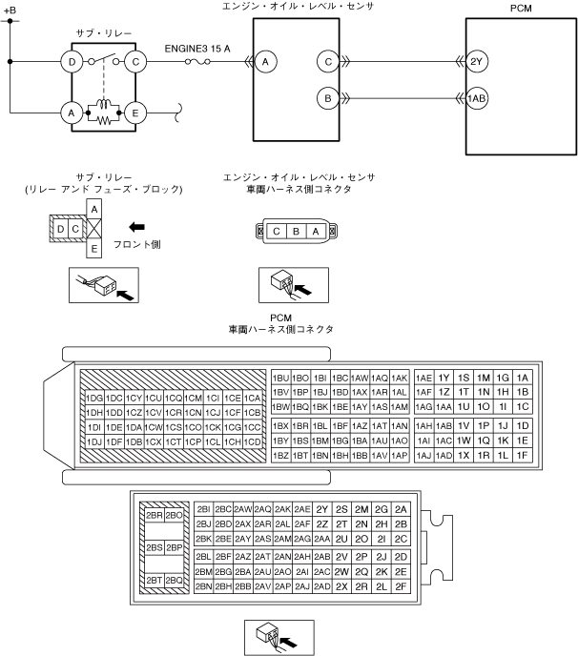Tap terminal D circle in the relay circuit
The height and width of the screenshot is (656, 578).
pos(71,63)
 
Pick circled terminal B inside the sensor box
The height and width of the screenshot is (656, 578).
pos(328,97)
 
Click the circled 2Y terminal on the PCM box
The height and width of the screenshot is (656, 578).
pos(477,63)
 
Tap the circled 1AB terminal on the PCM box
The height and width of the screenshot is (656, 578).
pos(477,97)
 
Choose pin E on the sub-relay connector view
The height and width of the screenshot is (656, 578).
pos(93,250)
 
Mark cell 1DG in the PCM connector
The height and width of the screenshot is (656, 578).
pos(94,398)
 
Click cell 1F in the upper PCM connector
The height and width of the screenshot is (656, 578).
pos(522,456)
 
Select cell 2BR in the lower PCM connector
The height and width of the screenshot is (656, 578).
pos(153,515)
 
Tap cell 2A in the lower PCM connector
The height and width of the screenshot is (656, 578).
pos(402,509)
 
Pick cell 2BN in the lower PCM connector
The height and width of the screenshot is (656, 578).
pos(202,586)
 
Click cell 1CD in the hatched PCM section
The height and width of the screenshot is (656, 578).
pos(253,441)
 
